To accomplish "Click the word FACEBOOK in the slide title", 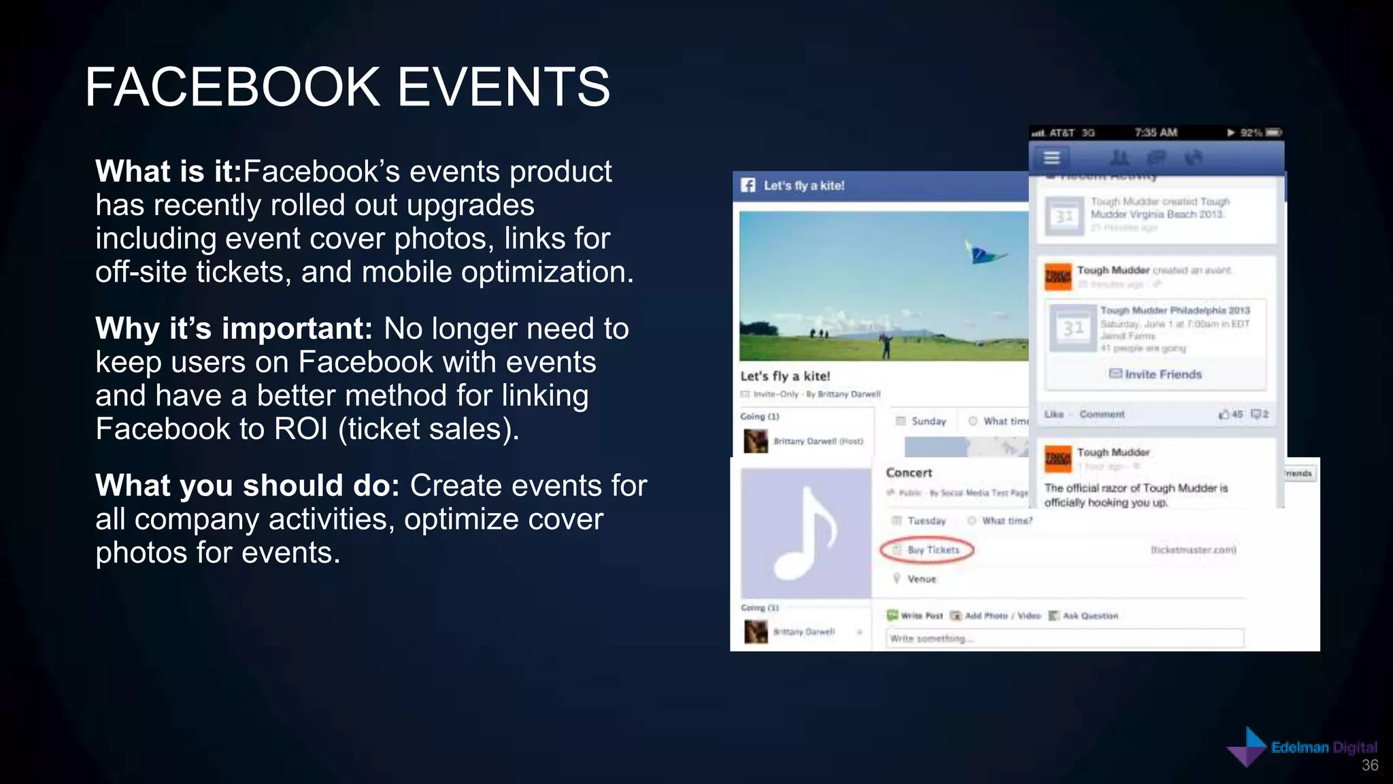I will [232, 87].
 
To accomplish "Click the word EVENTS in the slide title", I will [503, 87].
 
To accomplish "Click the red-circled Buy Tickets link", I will [927, 550].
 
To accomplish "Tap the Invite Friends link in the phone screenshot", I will [1156, 374].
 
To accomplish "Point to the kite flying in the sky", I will [982, 254].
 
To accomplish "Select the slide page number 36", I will [1370, 766].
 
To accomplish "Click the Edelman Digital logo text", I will [1324, 747].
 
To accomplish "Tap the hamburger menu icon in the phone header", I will [1052, 158].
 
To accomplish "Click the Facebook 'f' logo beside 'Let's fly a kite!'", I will [748, 185].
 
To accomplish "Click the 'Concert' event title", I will [909, 473].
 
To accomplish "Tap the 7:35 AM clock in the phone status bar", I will [1156, 133].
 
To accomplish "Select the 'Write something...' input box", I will [1064, 638].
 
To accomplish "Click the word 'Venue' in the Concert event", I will [922, 579].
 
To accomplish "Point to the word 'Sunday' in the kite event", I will [928, 421].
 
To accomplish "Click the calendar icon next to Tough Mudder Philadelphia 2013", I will [1073, 329].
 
